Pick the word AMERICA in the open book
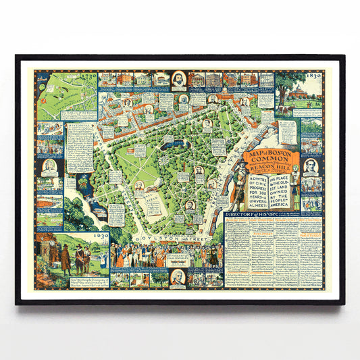[x=263, y=205]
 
